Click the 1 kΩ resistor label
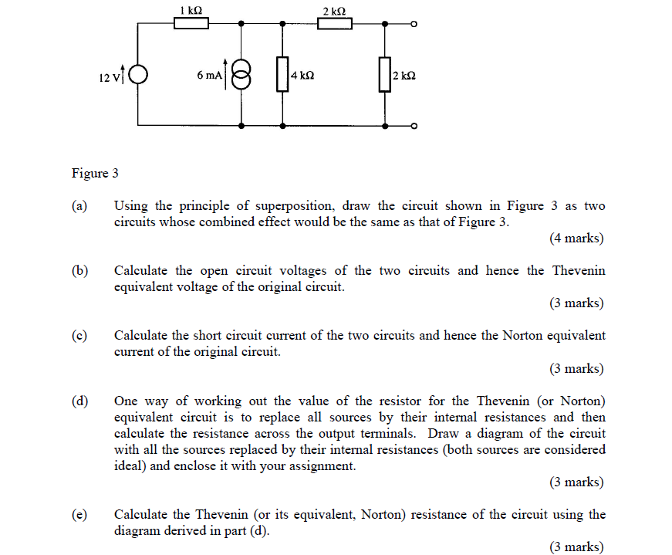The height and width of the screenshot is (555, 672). (191, 10)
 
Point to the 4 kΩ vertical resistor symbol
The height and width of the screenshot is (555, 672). (282, 74)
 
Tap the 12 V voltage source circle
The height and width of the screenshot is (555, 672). (138, 75)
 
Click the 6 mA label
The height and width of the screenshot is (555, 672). (209, 76)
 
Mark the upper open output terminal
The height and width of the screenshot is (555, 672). (414, 25)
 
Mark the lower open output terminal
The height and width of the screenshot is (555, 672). (414, 126)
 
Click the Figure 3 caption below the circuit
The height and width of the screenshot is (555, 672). (95, 173)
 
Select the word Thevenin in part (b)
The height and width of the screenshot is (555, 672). (577, 271)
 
